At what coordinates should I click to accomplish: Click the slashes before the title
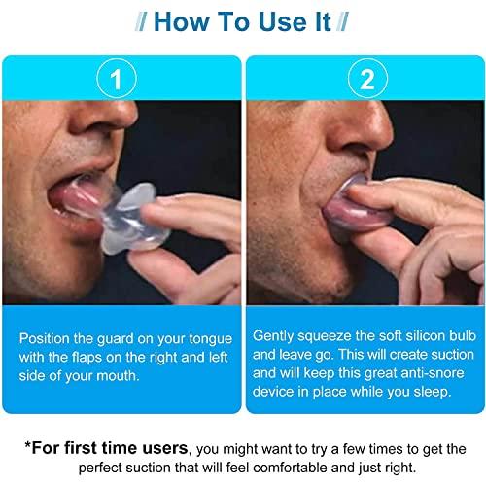point(131,21)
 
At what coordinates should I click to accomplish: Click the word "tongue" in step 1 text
point(208,338)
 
